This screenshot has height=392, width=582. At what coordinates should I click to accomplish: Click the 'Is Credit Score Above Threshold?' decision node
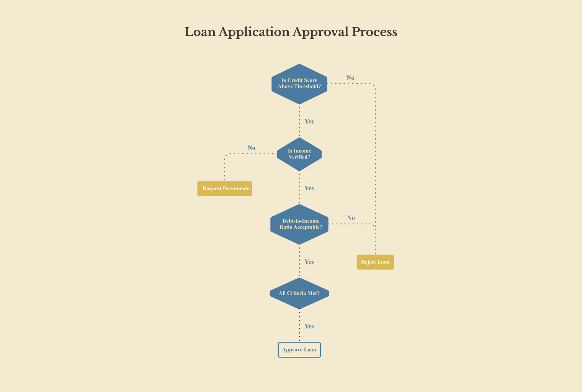point(299,84)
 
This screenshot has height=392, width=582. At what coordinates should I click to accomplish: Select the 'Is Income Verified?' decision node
point(299,154)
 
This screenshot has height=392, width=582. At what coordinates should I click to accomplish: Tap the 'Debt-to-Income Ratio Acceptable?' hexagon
point(299,224)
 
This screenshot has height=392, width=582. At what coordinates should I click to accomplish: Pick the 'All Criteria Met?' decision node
point(299,293)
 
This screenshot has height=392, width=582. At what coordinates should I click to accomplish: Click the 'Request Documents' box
point(224,189)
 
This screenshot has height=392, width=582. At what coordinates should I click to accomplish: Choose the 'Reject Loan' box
point(375,262)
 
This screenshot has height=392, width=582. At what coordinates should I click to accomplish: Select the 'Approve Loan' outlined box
point(299,350)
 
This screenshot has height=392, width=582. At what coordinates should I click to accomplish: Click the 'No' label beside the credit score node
point(350,78)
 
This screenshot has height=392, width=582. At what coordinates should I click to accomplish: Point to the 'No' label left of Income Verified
point(251,148)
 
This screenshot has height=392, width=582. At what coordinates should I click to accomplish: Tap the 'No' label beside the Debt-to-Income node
point(351,218)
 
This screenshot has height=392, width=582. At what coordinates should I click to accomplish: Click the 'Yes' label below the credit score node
point(309,121)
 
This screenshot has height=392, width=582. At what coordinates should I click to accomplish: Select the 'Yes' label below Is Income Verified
point(309,188)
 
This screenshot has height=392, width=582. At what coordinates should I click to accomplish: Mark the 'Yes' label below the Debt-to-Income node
point(309,261)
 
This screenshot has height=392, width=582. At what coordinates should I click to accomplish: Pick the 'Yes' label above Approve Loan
point(309,326)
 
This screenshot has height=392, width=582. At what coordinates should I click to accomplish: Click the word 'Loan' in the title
point(200,32)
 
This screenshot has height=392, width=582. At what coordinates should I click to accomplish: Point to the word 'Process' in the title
point(374,32)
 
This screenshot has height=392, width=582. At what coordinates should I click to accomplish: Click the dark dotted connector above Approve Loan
point(299,325)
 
